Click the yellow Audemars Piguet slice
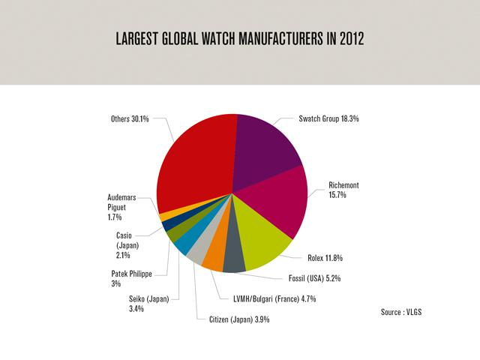tap(166, 216)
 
